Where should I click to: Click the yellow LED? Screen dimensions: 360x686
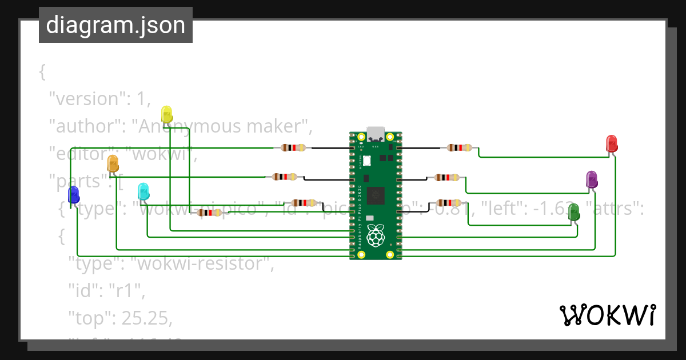click(166, 114)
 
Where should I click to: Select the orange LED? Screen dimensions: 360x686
click(113, 163)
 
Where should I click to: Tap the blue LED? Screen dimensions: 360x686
click(73, 195)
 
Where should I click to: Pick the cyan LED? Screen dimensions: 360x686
click(143, 191)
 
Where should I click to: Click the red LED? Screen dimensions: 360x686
click(611, 143)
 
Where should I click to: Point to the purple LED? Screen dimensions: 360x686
click(592, 179)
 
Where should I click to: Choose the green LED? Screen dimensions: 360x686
click(574, 212)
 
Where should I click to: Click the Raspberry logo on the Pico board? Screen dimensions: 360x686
click(376, 235)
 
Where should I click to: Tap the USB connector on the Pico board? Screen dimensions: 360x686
click(376, 134)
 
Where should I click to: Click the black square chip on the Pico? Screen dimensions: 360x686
click(376, 195)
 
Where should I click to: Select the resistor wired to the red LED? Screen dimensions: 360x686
click(460, 147)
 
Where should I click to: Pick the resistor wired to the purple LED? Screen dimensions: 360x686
click(446, 177)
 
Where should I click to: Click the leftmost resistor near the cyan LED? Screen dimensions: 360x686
click(209, 213)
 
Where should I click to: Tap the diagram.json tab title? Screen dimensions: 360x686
click(115, 25)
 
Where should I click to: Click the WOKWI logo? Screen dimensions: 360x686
click(607, 315)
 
